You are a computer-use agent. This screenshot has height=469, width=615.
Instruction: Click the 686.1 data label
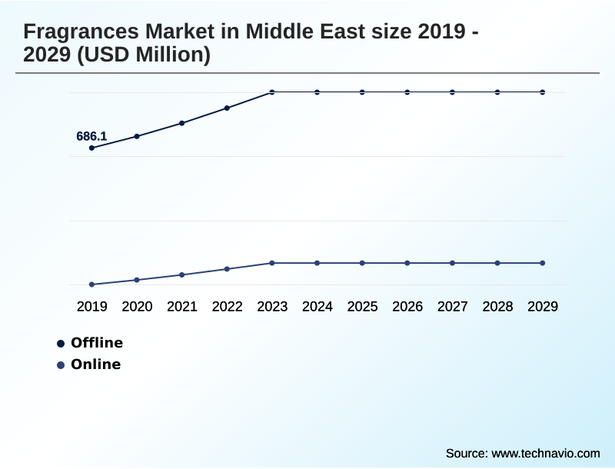pos(91,137)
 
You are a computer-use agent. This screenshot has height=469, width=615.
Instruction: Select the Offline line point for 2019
pos(92,148)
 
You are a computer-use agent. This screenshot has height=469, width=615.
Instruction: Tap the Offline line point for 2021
pos(182,123)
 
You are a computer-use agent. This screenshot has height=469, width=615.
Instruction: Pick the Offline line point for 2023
pos(272,92)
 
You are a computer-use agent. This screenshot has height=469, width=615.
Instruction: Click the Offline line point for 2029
pos(543,92)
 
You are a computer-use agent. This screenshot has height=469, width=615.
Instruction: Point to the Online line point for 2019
pos(92,284)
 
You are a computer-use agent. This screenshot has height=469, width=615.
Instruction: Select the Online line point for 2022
pos(227,269)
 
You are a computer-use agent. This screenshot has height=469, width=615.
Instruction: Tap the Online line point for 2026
pos(407,263)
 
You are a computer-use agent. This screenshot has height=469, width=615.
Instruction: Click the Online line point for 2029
pos(543,263)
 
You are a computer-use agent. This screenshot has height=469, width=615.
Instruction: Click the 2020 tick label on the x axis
pos(137,307)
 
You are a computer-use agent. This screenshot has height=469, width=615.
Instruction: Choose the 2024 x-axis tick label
pos(317,307)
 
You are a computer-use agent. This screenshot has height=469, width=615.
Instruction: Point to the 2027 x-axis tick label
pos(453,307)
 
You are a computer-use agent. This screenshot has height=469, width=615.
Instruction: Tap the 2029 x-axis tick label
pos(543,307)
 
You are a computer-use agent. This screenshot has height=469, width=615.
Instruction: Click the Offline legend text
pos(97,343)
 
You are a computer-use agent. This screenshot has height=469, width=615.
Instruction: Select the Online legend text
pos(96,364)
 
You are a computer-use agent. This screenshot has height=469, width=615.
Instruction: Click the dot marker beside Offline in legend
pos(61,344)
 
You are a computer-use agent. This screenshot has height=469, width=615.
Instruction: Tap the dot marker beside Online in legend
pos(61,365)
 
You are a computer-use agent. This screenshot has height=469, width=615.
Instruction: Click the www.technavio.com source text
pos(545,453)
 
